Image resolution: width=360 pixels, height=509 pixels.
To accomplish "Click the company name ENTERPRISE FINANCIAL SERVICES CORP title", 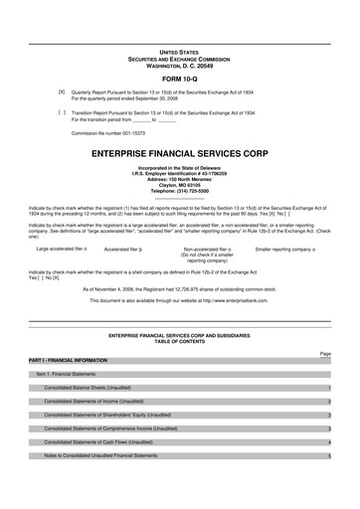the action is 179,154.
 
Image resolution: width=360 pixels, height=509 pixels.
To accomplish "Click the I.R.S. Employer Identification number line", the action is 179,172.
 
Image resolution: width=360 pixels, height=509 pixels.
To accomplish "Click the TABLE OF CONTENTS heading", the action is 179,341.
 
